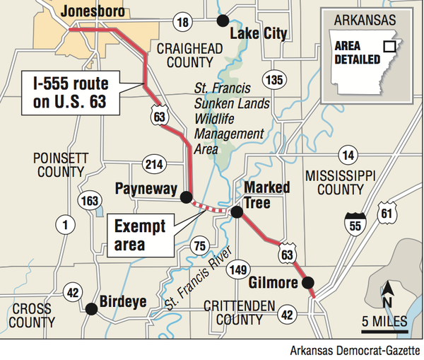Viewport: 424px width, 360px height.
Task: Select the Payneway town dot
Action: (x=186, y=197)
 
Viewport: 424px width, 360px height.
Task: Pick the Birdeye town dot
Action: (x=91, y=308)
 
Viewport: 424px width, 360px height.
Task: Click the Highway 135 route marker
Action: (x=272, y=79)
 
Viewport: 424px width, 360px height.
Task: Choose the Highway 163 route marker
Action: (x=90, y=200)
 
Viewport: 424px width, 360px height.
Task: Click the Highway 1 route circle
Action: (x=65, y=226)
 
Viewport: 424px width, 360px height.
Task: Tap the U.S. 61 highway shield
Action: (x=386, y=214)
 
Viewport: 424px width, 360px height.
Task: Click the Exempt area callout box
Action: (x=141, y=236)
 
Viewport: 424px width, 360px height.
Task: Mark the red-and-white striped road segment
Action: (x=210, y=207)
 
